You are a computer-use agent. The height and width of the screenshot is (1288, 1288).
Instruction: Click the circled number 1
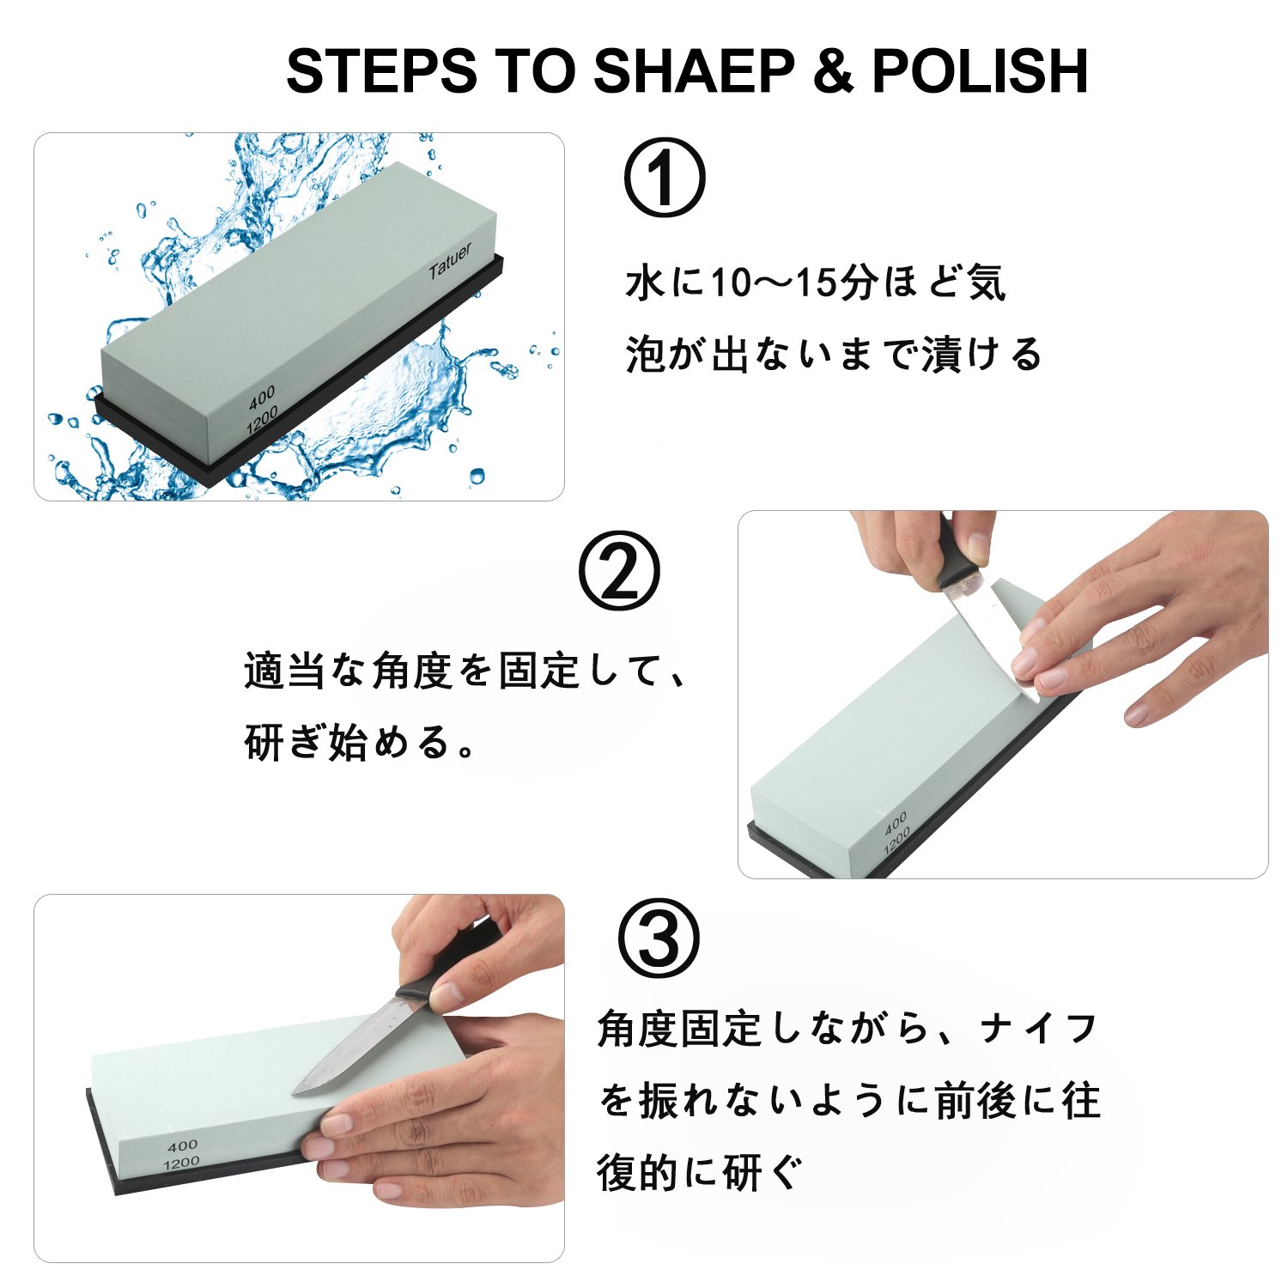click(x=664, y=178)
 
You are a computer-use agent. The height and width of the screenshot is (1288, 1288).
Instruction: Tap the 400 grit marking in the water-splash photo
click(x=262, y=397)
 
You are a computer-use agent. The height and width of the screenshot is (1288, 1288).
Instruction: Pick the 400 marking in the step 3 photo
click(x=183, y=1146)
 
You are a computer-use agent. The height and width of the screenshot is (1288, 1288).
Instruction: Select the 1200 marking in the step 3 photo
click(x=181, y=1163)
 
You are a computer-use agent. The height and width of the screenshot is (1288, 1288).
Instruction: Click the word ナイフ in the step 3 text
click(x=1040, y=1028)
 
